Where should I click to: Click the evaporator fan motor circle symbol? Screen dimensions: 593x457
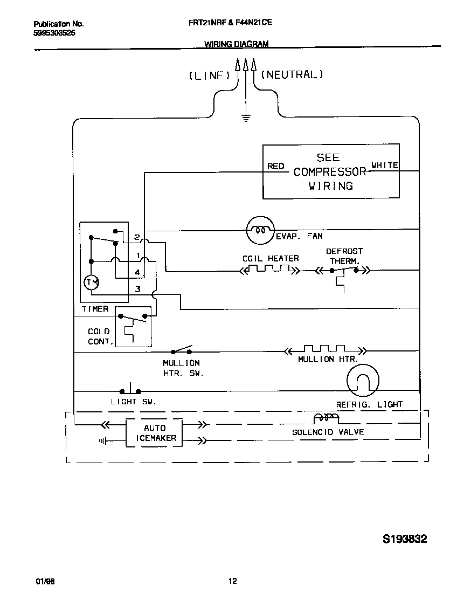(260, 231)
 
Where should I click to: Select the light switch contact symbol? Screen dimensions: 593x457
(130, 390)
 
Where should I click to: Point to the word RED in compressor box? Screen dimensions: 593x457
(276, 166)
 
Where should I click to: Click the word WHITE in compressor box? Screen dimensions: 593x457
(385, 166)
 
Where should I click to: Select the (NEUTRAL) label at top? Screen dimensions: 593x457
(292, 75)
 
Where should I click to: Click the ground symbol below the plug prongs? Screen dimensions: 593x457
(246, 118)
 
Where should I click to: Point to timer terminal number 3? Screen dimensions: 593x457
(138, 289)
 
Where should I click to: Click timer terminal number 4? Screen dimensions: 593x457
(138, 272)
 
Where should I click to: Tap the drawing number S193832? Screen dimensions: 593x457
(405, 539)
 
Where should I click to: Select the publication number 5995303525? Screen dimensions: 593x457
(54, 33)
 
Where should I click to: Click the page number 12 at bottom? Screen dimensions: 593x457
(232, 581)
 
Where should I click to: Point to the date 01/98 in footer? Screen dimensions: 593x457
(45, 582)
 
